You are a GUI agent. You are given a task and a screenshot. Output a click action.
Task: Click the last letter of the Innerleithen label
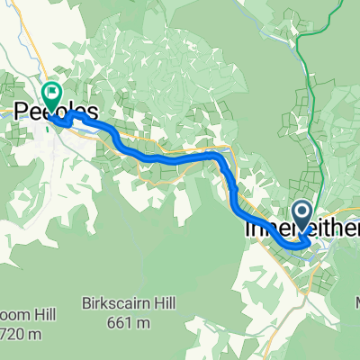click(352, 232)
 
